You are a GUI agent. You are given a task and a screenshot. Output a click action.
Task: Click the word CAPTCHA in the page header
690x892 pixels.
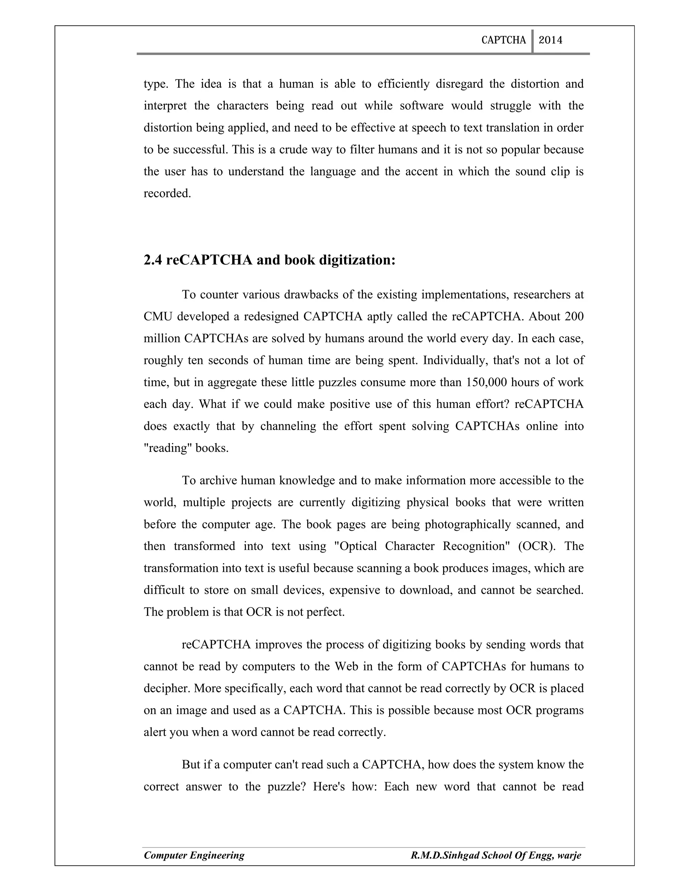point(503,40)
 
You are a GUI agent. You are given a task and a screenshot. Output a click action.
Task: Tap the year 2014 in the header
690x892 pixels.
point(550,40)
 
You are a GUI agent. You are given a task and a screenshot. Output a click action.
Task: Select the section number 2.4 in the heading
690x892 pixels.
point(153,260)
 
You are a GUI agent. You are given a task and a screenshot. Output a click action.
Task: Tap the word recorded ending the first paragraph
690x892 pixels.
point(167,193)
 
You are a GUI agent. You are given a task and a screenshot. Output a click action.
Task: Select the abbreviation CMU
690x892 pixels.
point(157,316)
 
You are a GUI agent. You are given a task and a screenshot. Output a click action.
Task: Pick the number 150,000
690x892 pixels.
point(485,382)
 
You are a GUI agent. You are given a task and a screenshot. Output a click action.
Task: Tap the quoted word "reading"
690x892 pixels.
point(166,448)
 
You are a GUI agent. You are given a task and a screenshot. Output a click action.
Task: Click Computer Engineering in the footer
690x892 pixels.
point(194,855)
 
